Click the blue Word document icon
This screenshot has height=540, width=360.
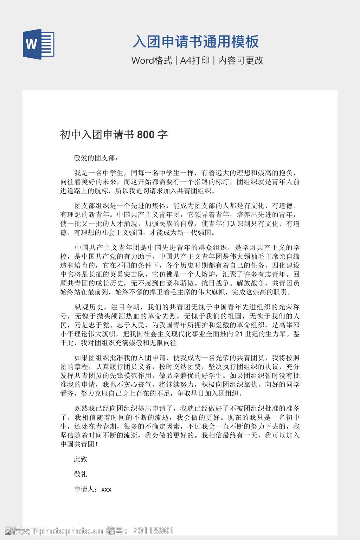[x=39, y=44]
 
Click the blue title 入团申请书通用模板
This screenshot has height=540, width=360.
[x=196, y=42]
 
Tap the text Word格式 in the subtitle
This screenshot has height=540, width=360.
[x=152, y=60]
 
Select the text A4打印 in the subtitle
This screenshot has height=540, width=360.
[x=195, y=60]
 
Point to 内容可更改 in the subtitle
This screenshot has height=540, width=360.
[x=241, y=60]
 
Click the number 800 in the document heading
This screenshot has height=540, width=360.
[x=146, y=135]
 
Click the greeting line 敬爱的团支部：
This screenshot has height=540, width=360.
[x=95, y=158]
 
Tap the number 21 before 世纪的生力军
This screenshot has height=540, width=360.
[x=239, y=334]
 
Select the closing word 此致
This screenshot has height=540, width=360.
[x=81, y=459]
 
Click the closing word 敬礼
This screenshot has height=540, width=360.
[x=81, y=474]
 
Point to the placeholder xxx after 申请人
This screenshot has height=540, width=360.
[x=106, y=490]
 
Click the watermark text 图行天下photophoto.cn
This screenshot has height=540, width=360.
[x=53, y=531]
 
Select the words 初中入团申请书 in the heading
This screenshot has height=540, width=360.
[x=97, y=135]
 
